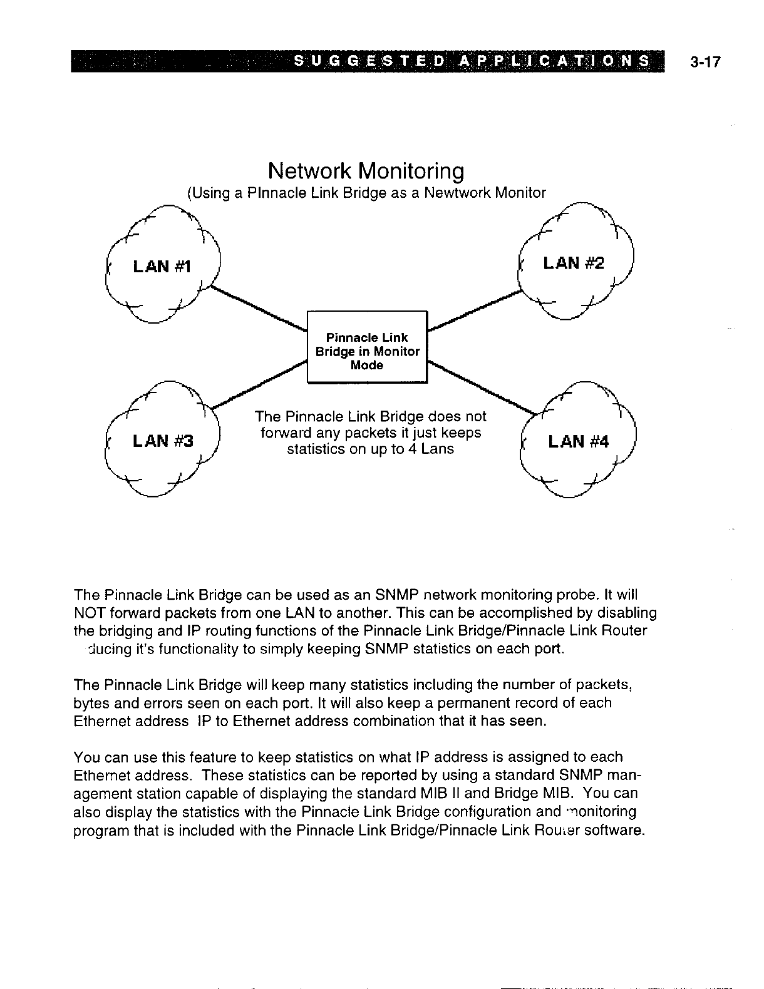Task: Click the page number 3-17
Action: click(x=705, y=62)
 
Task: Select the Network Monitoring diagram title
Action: click(x=366, y=170)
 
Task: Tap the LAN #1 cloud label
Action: click(x=161, y=267)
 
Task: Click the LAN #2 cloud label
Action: click(x=574, y=263)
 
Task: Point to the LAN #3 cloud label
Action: click(x=162, y=442)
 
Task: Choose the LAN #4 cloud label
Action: click(x=578, y=442)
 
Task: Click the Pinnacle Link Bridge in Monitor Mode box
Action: click(x=366, y=351)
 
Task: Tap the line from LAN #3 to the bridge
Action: click(x=257, y=389)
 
